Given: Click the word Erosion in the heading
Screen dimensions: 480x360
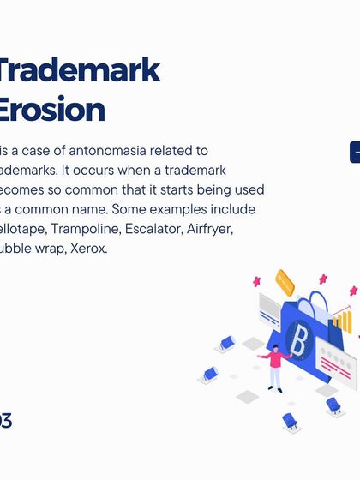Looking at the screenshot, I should (51, 109).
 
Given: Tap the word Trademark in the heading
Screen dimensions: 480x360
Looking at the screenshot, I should (79, 69).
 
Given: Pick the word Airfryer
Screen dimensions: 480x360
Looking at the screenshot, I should (210, 229).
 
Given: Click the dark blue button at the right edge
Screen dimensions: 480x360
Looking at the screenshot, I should (354, 152).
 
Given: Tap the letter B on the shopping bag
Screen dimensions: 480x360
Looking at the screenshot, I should (298, 341).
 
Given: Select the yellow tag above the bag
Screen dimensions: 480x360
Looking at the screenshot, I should (285, 282).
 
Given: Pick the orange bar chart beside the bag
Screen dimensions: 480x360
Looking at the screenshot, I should (342, 321).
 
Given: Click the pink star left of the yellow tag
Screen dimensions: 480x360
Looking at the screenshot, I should (255, 281).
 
